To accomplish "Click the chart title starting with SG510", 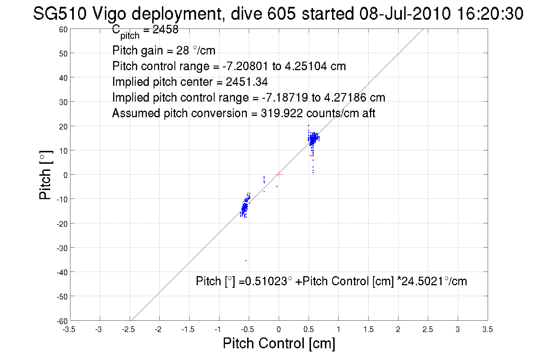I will click(x=278, y=14).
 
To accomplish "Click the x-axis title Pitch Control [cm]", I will click(x=279, y=343).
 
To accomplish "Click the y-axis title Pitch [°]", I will click(x=46, y=175).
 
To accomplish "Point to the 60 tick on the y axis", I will click(x=63, y=29).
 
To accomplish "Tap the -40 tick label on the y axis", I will click(x=62, y=272).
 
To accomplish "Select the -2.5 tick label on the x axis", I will click(x=128, y=329).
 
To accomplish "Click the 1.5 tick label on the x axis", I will click(x=368, y=329).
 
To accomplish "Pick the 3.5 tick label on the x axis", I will click(x=487, y=329).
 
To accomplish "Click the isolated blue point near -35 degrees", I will click(x=246, y=260).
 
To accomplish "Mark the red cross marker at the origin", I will click(x=279, y=174).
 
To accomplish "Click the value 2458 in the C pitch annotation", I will click(x=165, y=29).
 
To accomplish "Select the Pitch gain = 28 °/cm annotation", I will click(x=164, y=50).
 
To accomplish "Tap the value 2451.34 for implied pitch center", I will click(x=247, y=82).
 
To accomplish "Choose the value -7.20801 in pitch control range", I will click(x=245, y=66).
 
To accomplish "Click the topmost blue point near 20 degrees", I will click(x=308, y=125).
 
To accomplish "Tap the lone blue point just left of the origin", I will click(x=277, y=186).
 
